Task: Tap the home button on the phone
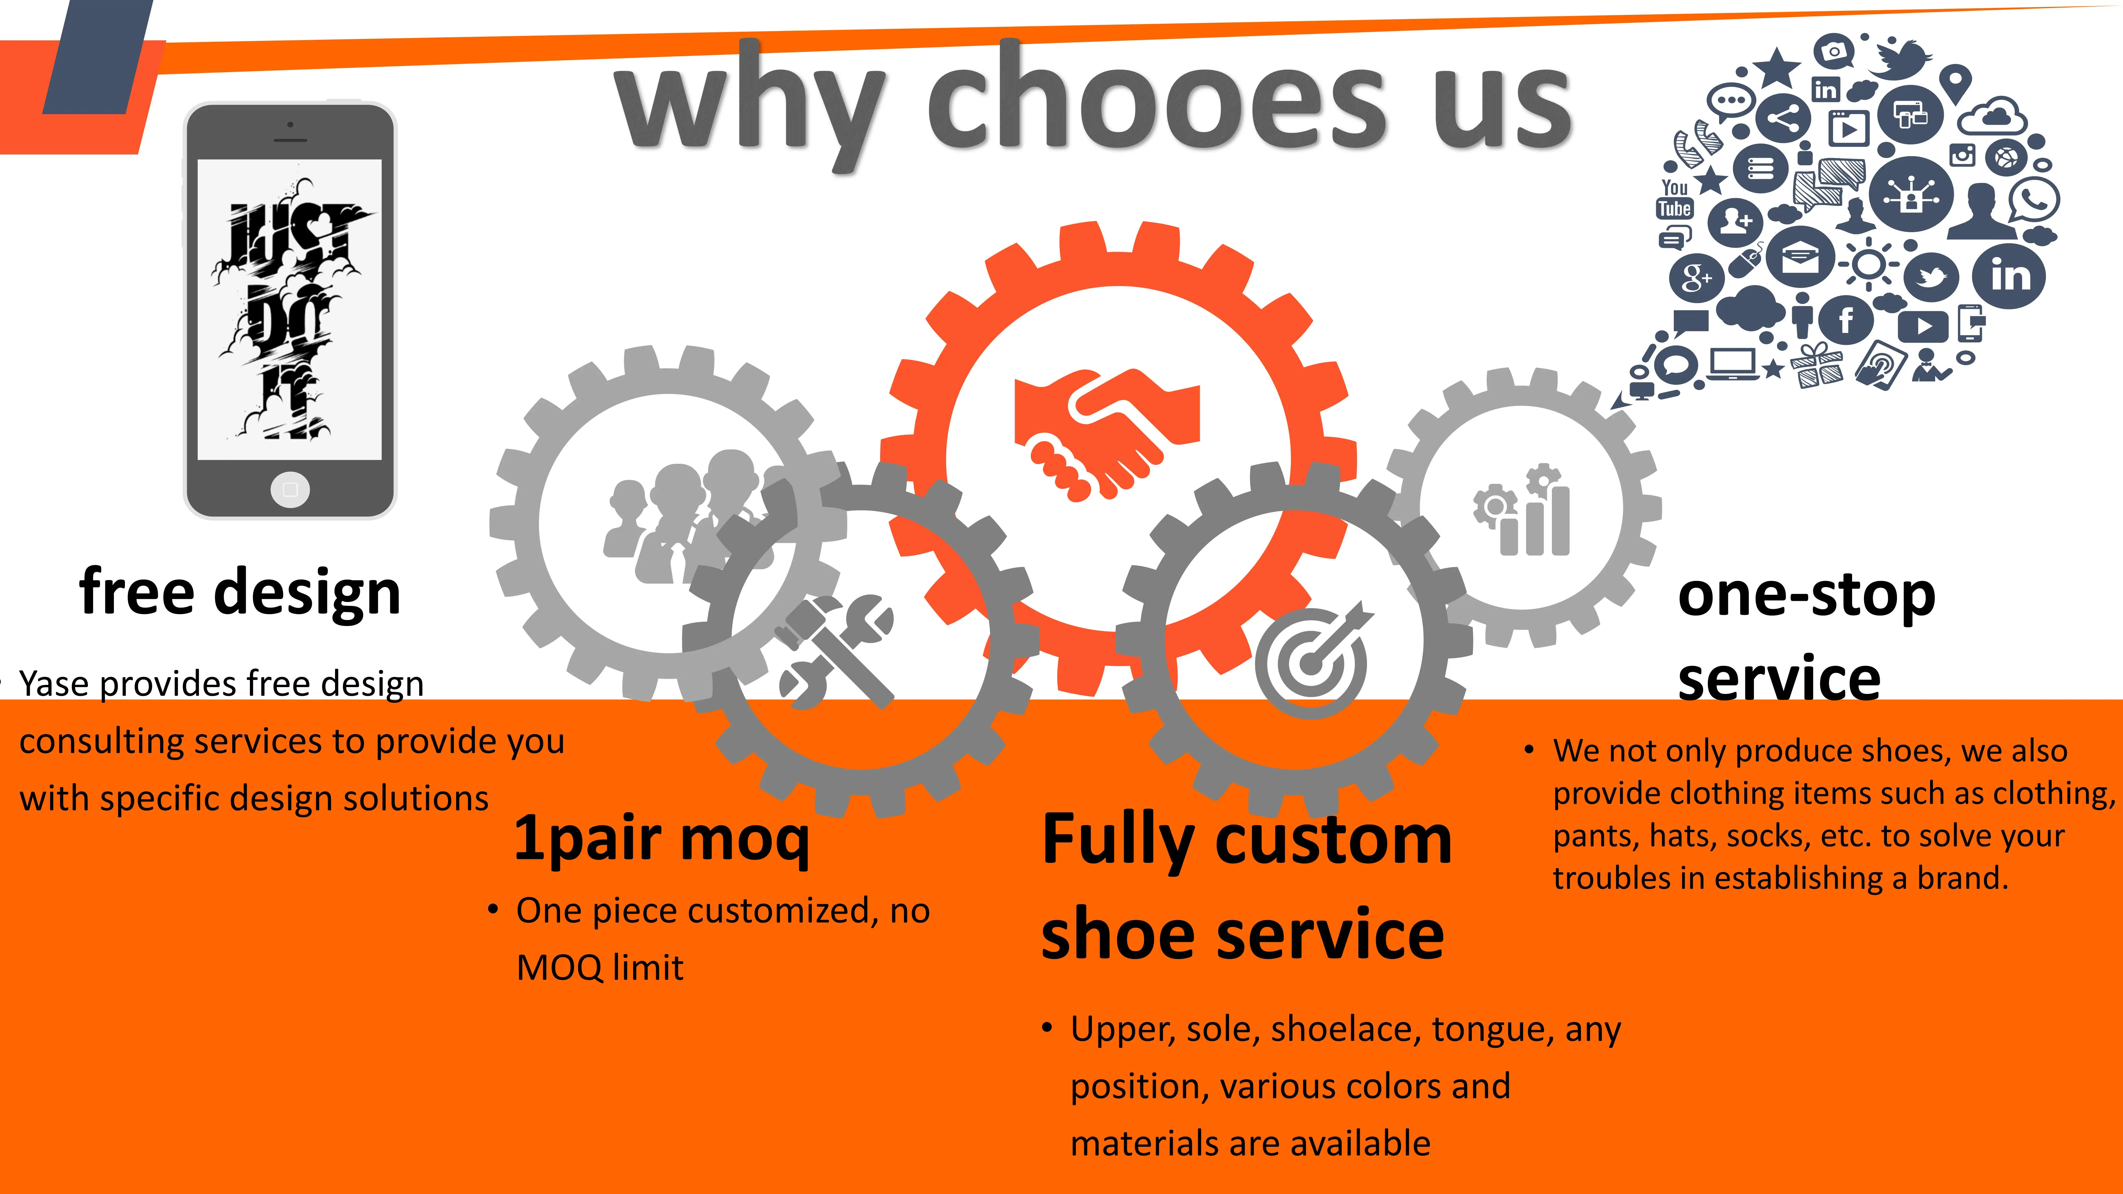point(290,489)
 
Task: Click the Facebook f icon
point(1846,319)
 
